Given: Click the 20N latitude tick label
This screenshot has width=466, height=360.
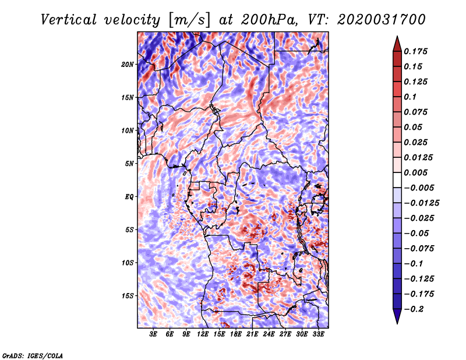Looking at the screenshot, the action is point(127,64).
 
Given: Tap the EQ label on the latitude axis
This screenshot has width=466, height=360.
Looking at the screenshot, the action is point(129,196).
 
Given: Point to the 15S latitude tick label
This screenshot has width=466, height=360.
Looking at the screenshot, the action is point(127,296).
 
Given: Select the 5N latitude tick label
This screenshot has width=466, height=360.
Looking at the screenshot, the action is point(129,164).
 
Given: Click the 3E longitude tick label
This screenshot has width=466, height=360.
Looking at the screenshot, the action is point(153,334).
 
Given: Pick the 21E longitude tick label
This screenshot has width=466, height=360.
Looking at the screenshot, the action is point(252,334).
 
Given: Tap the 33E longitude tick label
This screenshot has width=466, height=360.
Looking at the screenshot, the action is point(318,334).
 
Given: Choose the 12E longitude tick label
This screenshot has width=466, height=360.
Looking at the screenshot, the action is point(202,334).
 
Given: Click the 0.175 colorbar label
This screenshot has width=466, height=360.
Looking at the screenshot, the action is point(415,51).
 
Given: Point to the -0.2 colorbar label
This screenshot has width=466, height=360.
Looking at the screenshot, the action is point(413,309).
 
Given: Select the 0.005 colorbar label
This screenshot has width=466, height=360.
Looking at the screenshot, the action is point(415,172).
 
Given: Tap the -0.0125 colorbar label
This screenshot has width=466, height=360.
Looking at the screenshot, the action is point(421,203).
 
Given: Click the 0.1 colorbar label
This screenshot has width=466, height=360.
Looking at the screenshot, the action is point(410,97).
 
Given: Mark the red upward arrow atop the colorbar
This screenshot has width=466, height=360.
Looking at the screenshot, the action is point(397,44).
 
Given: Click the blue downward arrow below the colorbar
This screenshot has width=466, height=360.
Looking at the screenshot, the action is point(397,316).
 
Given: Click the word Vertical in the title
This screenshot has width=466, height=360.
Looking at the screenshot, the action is point(69,20).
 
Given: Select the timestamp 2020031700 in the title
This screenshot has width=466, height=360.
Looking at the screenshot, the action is point(382,20).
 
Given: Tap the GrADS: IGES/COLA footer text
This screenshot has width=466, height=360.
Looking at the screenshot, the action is point(33,355).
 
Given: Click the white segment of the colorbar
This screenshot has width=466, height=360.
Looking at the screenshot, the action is point(397,180).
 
